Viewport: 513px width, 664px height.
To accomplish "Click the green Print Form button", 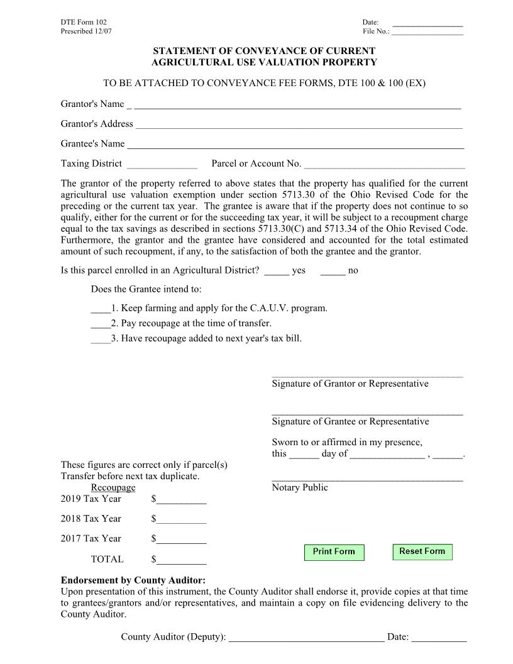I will pos(334,551).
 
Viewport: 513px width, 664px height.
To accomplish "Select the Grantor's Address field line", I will pos(299,125).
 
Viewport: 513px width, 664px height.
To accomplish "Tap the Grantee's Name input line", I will pos(295,145).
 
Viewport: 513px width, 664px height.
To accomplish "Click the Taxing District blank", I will pos(162,165).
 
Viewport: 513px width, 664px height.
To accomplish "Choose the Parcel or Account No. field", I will pos(384,165).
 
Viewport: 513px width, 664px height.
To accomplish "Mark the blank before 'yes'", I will pos(277,272).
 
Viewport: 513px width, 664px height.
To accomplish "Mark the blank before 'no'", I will pos(333,272).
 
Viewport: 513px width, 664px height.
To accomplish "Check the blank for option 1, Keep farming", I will pos(101,309).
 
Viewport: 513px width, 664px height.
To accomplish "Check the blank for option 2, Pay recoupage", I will pos(101,324).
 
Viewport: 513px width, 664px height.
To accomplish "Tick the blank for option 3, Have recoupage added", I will pos(101,340).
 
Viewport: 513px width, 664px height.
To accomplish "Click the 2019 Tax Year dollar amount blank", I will pos(182,501).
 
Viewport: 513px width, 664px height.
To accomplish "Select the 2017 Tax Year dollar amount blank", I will pos(182,540).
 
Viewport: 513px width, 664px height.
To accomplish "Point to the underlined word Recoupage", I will pos(113,487).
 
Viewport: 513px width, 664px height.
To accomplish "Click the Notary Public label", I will pos(300,487).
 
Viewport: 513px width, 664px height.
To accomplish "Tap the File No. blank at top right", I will pos(427,31).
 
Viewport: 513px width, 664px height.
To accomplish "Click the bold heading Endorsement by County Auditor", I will pos(133,580).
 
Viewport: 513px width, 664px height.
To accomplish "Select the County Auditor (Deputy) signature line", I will pos(306,638).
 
